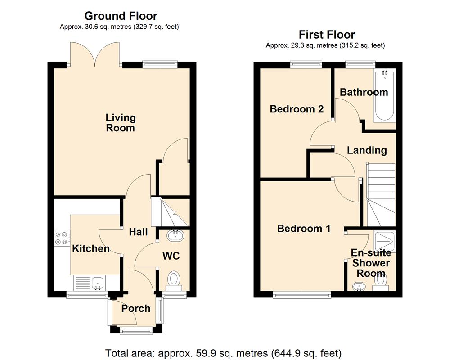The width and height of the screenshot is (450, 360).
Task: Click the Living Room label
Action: pyautogui.click(x=120, y=123)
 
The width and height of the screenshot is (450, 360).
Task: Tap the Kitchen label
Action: pyautogui.click(x=91, y=248)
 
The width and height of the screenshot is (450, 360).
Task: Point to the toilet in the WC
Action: pyautogui.click(x=173, y=279)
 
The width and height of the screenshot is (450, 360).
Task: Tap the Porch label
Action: pyautogui.click(x=136, y=308)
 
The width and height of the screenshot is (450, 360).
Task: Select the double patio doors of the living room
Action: pyautogui.click(x=94, y=54)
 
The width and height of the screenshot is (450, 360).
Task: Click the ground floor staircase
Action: pyautogui.click(x=170, y=212)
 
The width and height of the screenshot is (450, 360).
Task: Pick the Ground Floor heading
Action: pyautogui.click(x=121, y=16)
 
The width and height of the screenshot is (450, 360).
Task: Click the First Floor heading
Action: pyautogui.click(x=327, y=35)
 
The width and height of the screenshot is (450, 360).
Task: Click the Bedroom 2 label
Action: pyautogui.click(x=297, y=109)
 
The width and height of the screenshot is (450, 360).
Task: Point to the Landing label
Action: pyautogui.click(x=367, y=150)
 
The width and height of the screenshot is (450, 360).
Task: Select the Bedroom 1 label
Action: pyautogui.click(x=304, y=229)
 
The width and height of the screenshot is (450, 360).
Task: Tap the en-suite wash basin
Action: pyautogui.click(x=359, y=286)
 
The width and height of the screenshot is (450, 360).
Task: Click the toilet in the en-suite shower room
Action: pyautogui.click(x=382, y=280)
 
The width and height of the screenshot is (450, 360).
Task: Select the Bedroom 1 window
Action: pyautogui.click(x=302, y=295)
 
